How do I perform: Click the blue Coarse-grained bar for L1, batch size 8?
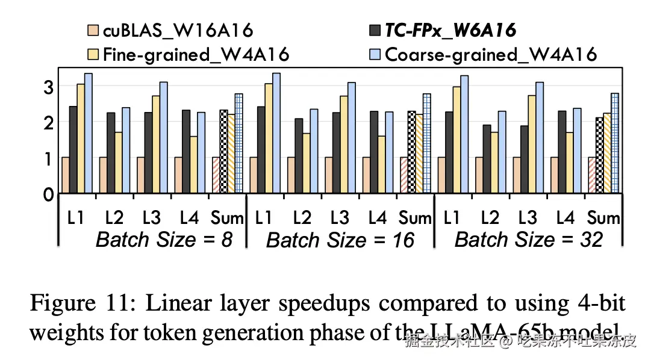[x=88, y=133]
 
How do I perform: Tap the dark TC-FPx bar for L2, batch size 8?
[x=110, y=153]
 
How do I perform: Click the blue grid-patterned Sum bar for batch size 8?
[x=238, y=143]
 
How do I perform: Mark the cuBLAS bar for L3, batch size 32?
[x=517, y=175]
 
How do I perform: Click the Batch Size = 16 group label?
[x=340, y=241]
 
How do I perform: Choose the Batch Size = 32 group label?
[x=529, y=240]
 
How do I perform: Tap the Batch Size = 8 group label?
[x=164, y=240]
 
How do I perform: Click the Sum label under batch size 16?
[x=416, y=218]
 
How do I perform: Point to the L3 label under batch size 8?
[x=151, y=218]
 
